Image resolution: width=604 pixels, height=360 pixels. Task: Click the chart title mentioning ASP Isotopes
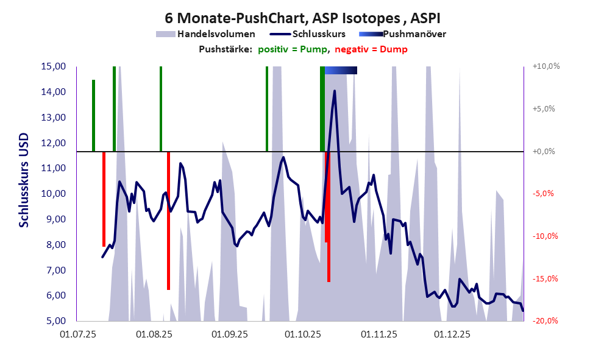(x=302, y=18)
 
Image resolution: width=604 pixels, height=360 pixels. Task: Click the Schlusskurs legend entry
(x=319, y=34)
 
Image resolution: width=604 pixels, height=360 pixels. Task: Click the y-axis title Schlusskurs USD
(x=24, y=180)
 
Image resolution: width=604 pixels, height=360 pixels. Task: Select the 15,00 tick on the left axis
(x=54, y=66)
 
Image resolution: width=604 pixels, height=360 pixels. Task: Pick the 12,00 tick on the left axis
(x=54, y=143)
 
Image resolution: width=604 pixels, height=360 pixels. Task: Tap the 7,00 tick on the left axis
(x=54, y=270)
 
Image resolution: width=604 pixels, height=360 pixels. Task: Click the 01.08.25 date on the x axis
(x=153, y=334)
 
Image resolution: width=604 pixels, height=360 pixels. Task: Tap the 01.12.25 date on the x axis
(x=452, y=334)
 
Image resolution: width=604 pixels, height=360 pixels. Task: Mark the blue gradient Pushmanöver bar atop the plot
(x=341, y=71)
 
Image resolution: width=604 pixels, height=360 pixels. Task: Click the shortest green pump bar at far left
(x=93, y=115)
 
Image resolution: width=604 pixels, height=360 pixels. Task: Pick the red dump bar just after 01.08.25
(x=168, y=221)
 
